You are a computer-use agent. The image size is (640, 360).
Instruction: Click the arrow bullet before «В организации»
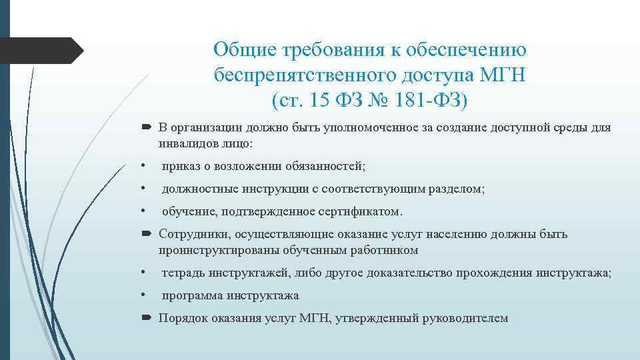click(147, 127)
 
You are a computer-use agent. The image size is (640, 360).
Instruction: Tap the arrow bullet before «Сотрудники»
click(147, 234)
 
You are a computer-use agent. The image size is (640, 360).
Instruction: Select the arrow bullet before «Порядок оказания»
click(147, 318)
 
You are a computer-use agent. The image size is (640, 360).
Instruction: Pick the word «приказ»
click(181, 165)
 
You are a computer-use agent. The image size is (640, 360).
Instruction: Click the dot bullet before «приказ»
click(143, 165)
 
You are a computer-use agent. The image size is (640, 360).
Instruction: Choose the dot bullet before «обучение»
click(143, 211)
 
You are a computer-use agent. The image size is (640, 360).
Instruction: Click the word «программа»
click(192, 295)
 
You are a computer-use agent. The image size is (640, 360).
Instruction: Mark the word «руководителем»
click(465, 318)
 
